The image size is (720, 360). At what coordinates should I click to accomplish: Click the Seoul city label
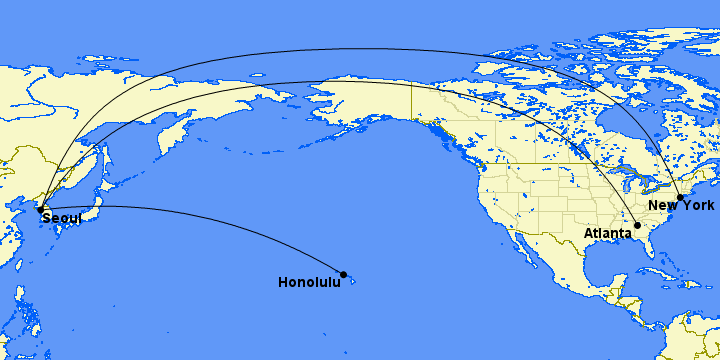pyautogui.click(x=61, y=219)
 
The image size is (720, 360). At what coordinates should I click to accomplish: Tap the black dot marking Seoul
pyautogui.click(x=39, y=209)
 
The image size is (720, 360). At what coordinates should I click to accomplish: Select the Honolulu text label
pyautogui.click(x=308, y=283)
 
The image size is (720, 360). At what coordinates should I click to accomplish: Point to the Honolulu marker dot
pyautogui.click(x=344, y=274)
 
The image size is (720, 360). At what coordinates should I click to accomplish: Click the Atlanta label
pyautogui.click(x=608, y=233)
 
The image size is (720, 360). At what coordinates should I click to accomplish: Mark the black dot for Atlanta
pyautogui.click(x=637, y=226)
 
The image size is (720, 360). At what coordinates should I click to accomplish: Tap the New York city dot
pyautogui.click(x=680, y=198)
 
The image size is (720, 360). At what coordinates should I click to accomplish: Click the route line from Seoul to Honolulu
pyautogui.click(x=200, y=213)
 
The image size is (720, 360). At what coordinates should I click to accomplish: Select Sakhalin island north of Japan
pyautogui.click(x=101, y=150)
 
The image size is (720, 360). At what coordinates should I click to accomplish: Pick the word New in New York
pyautogui.click(x=662, y=206)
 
